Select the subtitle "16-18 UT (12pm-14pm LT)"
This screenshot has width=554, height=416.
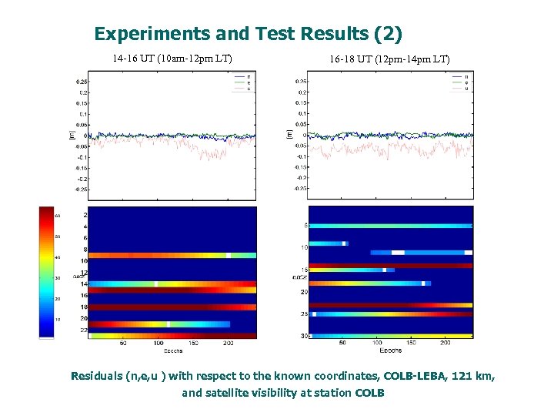click(x=389, y=59)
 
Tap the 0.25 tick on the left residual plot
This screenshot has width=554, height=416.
click(x=81, y=82)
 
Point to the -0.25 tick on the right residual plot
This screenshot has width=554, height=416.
click(x=300, y=187)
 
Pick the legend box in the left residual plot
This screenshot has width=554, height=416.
click(x=243, y=82)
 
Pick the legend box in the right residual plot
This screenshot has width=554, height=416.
click(x=461, y=82)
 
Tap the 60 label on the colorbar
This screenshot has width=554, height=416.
click(x=56, y=216)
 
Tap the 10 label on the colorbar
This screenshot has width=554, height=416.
click(x=56, y=319)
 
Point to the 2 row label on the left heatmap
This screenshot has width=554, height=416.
click(x=85, y=216)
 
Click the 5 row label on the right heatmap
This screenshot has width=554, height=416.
click(x=305, y=226)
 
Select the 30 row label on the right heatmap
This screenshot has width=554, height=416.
click(x=304, y=336)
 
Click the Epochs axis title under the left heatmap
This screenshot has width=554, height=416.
click(x=172, y=351)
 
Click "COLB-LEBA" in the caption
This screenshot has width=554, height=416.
click(x=417, y=377)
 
